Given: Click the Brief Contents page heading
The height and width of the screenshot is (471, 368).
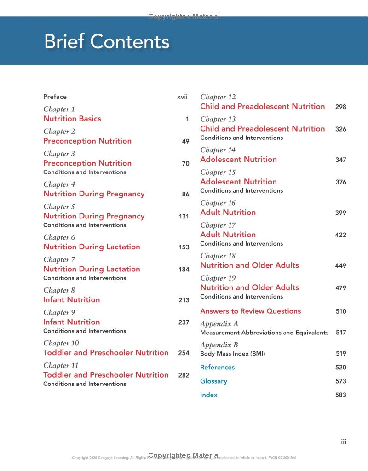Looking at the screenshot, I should [107, 42].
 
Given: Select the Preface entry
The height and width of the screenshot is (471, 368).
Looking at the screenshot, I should [55, 97].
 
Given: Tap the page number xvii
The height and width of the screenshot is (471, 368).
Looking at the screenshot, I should [182, 97].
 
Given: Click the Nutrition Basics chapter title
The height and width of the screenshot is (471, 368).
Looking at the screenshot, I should [72, 119].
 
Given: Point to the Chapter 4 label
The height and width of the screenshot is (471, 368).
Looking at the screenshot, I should [59, 184].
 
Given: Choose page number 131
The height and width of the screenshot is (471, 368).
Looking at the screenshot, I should [184, 216].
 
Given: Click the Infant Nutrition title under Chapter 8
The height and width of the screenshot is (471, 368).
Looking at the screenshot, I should [71, 299].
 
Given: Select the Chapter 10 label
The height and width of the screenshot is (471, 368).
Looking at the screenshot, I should [61, 343].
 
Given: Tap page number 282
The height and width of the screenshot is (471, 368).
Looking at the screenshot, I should [184, 375].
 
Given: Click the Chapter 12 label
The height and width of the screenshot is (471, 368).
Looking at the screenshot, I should [218, 97].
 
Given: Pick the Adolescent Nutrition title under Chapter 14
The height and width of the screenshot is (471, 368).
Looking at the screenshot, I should [238, 159].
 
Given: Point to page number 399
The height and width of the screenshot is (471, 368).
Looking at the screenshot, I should [340, 213].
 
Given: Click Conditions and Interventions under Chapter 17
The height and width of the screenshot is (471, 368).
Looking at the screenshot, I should [241, 243].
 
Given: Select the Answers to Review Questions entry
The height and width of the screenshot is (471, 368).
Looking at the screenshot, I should [250, 311].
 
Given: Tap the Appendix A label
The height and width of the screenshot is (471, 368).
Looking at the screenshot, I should [219, 323].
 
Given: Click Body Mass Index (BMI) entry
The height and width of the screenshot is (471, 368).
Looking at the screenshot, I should [232, 354].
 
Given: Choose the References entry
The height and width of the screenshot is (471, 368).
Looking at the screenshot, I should [217, 367].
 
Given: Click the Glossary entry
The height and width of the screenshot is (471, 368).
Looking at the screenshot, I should [213, 381].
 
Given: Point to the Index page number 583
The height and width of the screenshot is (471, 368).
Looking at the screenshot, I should [340, 395].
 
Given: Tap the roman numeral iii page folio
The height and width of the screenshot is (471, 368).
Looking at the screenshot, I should [343, 442].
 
